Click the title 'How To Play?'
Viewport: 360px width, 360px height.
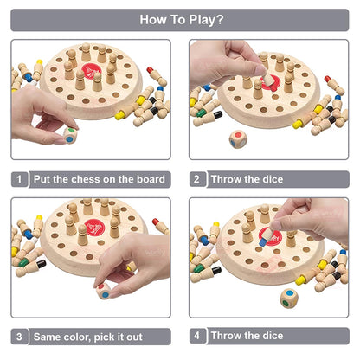(180, 19)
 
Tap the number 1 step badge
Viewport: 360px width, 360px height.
(19, 179)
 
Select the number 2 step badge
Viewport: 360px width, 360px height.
(197, 179)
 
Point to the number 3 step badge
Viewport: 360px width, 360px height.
(19, 337)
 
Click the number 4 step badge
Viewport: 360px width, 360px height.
(197, 337)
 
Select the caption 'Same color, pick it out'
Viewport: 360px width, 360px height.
(87, 337)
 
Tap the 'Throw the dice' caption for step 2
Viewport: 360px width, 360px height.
(247, 179)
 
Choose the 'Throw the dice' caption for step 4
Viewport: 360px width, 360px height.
(247, 337)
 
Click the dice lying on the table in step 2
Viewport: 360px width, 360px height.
(238, 138)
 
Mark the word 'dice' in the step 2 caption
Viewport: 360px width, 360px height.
(270, 179)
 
